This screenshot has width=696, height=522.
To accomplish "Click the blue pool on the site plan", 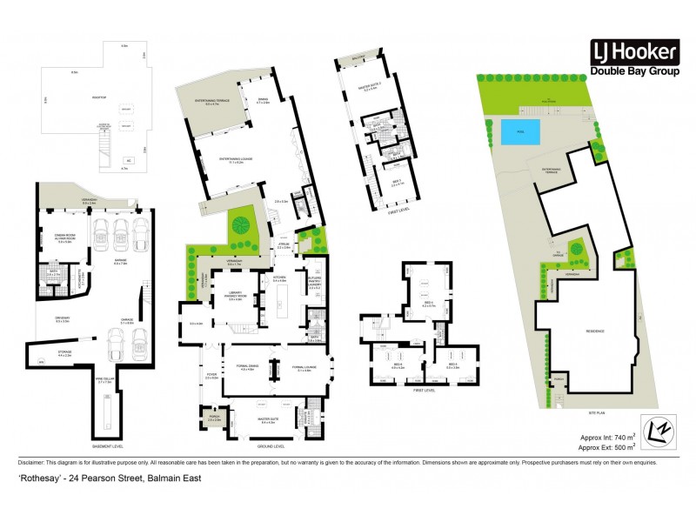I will [x=519, y=133].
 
